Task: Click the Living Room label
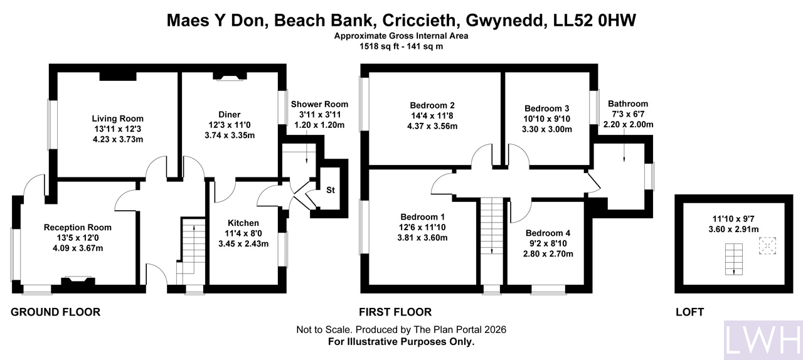coord(117,119)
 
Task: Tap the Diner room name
coord(230,115)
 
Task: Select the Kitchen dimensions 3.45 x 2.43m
coord(243,244)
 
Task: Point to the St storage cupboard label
coord(330,190)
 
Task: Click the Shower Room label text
coord(319,104)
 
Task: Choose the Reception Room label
coord(77,227)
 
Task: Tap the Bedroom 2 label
coord(432,105)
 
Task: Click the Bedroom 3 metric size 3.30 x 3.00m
coord(546,129)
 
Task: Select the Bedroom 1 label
coord(423,217)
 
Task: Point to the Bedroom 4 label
coord(548,233)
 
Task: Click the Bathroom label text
coord(628,104)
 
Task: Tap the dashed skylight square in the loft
coord(767,246)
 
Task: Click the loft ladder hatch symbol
coord(734,259)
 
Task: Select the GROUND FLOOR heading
coord(56,312)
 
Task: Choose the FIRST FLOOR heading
coord(395,312)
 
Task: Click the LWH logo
coord(763,341)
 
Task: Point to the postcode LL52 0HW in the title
coord(595,21)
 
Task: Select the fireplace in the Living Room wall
coord(118,76)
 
